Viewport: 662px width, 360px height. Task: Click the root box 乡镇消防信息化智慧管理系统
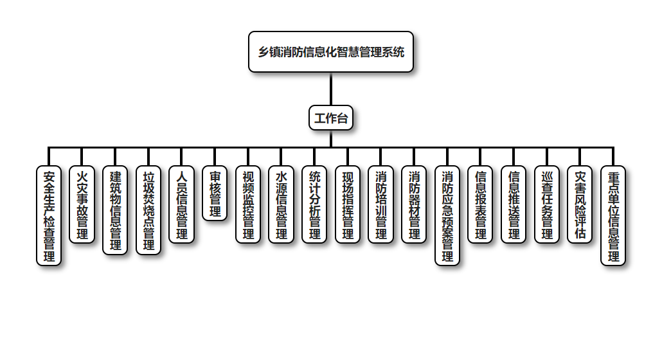331,52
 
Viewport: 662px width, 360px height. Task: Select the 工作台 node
331,118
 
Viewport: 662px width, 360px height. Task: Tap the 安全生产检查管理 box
49,215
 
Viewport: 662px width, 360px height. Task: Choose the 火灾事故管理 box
82,204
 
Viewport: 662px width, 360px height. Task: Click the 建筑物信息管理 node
116,210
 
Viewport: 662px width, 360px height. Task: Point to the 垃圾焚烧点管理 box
148,210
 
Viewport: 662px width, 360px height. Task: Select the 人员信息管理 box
182,204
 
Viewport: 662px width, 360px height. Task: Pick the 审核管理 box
215,194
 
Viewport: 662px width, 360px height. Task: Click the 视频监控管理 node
248,204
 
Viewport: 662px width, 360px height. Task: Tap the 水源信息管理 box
281,204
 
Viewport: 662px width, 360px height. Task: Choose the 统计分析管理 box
314,204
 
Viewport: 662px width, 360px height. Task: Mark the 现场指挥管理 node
348,204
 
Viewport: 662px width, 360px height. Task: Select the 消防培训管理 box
380,204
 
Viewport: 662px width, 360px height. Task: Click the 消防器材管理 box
414,204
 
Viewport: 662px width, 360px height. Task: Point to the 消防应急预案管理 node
447,215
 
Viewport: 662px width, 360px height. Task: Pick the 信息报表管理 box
480,204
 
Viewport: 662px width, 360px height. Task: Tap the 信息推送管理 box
514,204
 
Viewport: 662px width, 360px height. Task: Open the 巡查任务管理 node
547,204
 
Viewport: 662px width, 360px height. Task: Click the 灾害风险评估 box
580,204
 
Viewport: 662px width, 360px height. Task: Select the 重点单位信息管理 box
613,215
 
